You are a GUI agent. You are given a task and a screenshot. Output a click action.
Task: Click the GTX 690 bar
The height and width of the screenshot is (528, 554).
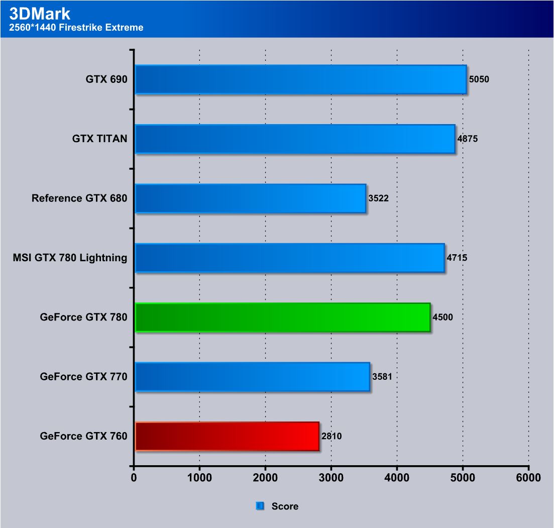[300, 79]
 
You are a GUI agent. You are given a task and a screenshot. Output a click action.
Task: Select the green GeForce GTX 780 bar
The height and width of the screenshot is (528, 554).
[282, 318]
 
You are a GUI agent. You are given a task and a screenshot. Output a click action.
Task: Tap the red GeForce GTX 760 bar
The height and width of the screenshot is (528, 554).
[227, 436]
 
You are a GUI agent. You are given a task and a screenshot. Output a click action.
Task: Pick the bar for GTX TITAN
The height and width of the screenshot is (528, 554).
[295, 139]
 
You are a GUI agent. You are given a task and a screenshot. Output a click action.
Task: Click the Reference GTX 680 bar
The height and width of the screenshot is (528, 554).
[250, 198]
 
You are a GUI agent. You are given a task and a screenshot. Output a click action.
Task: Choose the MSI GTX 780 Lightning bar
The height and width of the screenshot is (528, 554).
[290, 258]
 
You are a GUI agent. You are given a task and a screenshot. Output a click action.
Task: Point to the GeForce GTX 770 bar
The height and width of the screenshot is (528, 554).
[252, 377]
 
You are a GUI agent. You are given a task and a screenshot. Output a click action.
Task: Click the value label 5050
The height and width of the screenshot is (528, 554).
[479, 79]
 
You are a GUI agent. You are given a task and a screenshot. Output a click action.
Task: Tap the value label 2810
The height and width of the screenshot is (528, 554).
[331, 436]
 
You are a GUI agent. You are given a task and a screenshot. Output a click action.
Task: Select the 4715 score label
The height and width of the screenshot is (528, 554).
[457, 258]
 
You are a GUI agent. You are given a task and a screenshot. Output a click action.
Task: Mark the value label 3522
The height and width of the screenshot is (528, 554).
[378, 198]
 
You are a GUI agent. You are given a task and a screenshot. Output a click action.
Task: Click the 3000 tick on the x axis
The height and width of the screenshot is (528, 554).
[331, 477]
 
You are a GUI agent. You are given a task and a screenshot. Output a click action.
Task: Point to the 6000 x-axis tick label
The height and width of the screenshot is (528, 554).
[528, 477]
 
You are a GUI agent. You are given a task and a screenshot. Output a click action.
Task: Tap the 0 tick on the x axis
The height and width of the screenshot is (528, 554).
[134, 477]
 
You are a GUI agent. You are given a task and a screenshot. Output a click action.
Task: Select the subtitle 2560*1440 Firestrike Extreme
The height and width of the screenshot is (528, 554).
[76, 28]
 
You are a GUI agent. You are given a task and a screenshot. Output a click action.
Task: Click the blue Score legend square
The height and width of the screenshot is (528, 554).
[260, 506]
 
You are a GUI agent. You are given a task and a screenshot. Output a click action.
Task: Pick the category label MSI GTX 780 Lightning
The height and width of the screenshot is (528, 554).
[70, 258]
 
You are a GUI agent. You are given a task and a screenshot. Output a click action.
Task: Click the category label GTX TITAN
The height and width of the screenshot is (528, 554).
[99, 139]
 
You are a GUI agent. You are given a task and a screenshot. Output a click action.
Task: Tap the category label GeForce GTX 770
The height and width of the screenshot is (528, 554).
[83, 377]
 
